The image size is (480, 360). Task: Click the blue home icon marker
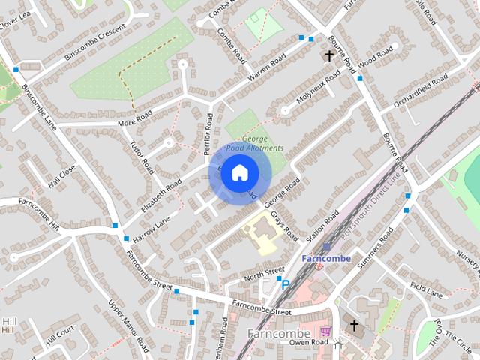pos(239,172)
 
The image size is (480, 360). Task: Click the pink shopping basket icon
pos(325,331)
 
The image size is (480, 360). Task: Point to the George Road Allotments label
pos(255,144)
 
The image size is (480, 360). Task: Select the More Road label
pos(135,118)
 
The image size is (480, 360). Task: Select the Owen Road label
pos(310,342)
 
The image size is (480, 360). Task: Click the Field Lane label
pos(427,290)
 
